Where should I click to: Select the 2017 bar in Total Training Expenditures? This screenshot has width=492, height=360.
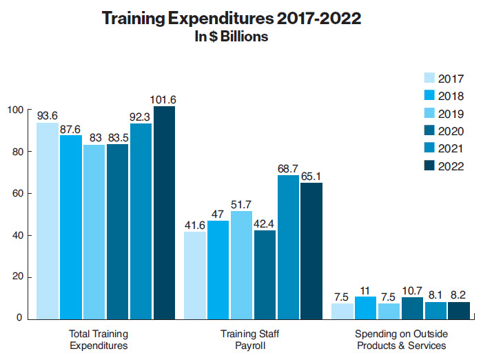[48, 221]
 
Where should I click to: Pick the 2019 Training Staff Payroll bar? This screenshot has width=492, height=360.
[240, 265]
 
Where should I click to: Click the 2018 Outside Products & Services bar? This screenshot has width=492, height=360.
[365, 308]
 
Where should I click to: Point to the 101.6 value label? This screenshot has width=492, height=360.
[164, 99]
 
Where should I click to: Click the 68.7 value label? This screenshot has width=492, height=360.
[287, 168]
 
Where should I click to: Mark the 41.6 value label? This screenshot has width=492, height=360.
[194, 225]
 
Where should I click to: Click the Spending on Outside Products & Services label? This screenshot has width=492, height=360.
[397, 339]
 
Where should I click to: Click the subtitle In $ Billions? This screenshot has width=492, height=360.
[232, 37]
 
